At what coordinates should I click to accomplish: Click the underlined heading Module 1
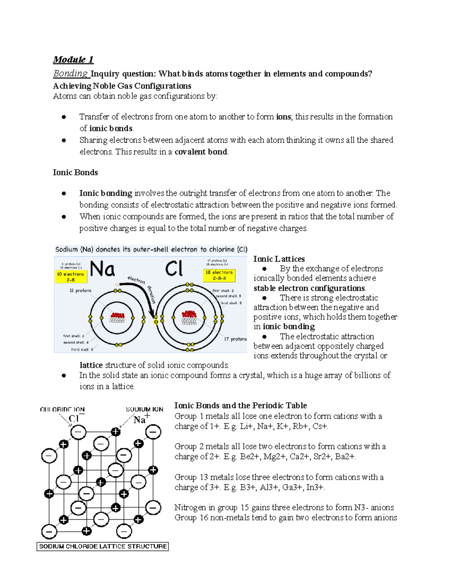pos(73,59)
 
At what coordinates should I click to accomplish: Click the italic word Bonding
pos(70,73)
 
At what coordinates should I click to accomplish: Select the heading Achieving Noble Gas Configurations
pos(122,86)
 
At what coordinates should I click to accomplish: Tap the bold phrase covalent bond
pos(201,152)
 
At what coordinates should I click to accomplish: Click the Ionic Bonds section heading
pos(75,173)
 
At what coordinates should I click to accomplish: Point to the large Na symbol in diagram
pos(103,269)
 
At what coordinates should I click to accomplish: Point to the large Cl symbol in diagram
pos(174,269)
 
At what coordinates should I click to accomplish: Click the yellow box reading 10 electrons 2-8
pos(71,277)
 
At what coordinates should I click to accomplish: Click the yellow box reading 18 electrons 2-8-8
pos(219,275)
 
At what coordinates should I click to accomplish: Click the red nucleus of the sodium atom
pos(117,316)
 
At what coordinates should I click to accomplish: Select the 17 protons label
pos(235,339)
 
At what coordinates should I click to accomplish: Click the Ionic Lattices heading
pos(279,259)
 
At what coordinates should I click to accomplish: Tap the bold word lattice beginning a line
pos(91,365)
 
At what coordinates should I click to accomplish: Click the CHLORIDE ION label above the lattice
pos(62,410)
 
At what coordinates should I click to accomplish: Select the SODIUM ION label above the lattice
pos(144,409)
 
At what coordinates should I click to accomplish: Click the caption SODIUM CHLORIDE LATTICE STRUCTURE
pos(103,546)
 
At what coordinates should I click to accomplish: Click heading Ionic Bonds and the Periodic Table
pos(241,405)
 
